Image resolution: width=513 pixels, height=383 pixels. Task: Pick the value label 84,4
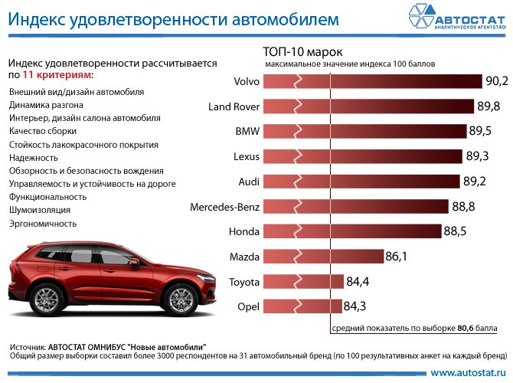[x=358, y=282]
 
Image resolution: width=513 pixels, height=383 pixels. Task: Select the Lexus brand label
[x=247, y=156]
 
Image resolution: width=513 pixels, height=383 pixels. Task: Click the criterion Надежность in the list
[x=32, y=157]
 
